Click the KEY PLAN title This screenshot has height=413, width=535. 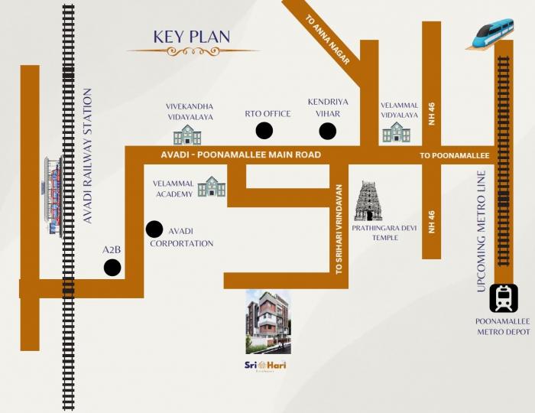[x=192, y=37]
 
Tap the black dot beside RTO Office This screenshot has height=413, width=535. [x=264, y=131]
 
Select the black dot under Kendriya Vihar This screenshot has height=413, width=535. [x=328, y=132]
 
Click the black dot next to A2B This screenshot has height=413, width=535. [x=112, y=268]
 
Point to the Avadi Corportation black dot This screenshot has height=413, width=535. [x=154, y=229]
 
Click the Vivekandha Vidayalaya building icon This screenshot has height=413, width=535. [x=187, y=135]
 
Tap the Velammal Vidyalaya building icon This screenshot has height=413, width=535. [x=396, y=132]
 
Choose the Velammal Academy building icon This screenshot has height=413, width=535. [x=212, y=187]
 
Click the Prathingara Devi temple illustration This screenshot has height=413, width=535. [x=368, y=200]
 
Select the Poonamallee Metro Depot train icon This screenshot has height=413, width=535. [x=504, y=298]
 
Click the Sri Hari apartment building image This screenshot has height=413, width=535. [x=267, y=322]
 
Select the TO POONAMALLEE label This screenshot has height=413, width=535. [x=455, y=155]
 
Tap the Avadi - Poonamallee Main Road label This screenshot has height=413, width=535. [x=241, y=154]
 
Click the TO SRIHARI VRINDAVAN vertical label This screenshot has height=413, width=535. [x=339, y=229]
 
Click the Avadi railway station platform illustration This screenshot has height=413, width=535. [x=53, y=196]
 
